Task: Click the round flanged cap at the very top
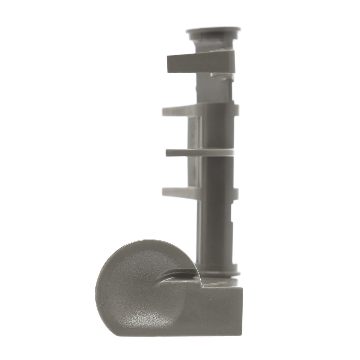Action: coord(213,32)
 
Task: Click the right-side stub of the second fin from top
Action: coord(236,110)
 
